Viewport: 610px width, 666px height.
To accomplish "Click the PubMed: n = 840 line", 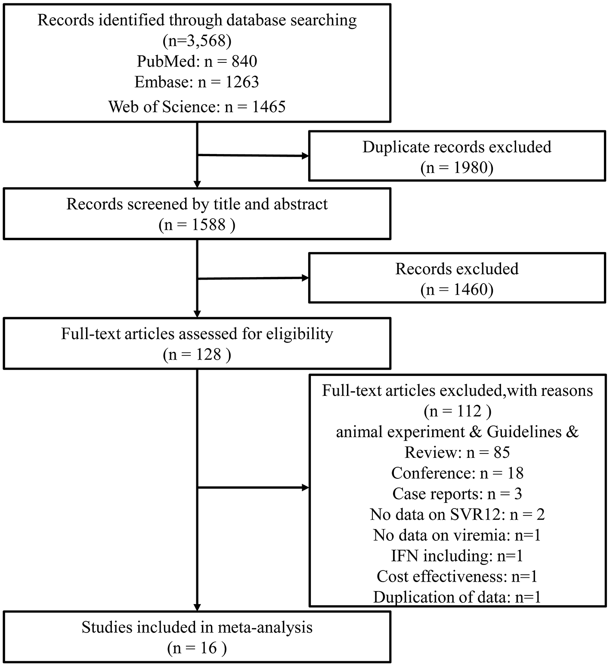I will click(x=197, y=61).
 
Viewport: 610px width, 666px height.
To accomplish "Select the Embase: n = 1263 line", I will click(x=197, y=82).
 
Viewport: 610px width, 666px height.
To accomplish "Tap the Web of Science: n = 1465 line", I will click(x=197, y=106).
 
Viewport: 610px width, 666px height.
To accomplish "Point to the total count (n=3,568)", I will click(x=197, y=41).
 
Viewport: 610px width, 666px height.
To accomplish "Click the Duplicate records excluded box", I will click(x=457, y=156).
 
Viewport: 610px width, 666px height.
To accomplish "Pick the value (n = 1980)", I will click(x=457, y=167).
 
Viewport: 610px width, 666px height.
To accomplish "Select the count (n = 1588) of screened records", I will click(x=197, y=225).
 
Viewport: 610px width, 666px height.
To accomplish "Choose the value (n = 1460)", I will click(x=457, y=289).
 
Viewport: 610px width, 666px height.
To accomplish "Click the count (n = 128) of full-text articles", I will click(x=197, y=355).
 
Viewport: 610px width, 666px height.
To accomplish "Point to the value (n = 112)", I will click(x=457, y=411).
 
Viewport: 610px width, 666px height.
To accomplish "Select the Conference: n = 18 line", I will click(x=457, y=473).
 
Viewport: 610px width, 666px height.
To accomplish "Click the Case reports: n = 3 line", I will click(x=457, y=494).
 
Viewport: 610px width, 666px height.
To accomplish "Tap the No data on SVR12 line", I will click(x=457, y=515).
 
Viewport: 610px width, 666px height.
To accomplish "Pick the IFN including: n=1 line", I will click(x=457, y=556).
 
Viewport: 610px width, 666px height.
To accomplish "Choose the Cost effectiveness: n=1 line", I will click(x=457, y=577).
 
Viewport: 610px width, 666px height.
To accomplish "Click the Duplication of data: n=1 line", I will click(x=457, y=597).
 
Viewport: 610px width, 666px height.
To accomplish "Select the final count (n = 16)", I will click(x=197, y=648).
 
